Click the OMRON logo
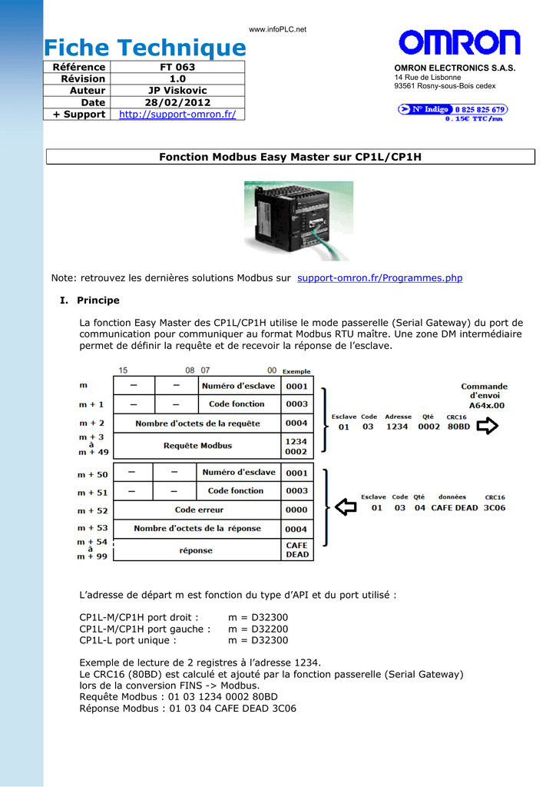click(459, 43)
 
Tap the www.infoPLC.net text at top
click(278, 29)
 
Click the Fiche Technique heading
click(144, 48)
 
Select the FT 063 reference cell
click(177, 67)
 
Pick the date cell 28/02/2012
click(177, 102)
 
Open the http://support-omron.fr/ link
click(177, 115)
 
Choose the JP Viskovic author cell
click(177, 91)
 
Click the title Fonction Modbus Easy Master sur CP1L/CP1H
click(290, 157)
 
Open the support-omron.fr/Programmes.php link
click(379, 278)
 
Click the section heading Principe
click(98, 301)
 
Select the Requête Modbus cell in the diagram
click(197, 446)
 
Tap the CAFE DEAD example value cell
click(297, 550)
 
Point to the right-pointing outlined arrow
click(488, 426)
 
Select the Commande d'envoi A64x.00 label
click(484, 396)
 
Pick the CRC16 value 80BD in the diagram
click(458, 427)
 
